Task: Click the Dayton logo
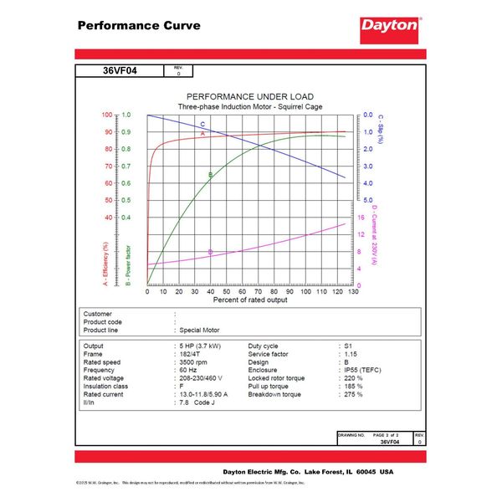pyautogui.click(x=389, y=25)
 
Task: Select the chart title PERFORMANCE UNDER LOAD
pyautogui.click(x=250, y=97)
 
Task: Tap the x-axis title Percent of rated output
pyautogui.click(x=250, y=300)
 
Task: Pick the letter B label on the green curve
pyautogui.click(x=210, y=175)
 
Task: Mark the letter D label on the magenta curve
pyautogui.click(x=210, y=251)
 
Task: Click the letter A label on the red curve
pyautogui.click(x=202, y=134)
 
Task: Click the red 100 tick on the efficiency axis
pyautogui.click(x=106, y=115)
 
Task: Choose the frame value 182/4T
pyautogui.click(x=191, y=353)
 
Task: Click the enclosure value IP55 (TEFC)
pyautogui.click(x=361, y=369)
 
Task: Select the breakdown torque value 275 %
pyautogui.click(x=353, y=394)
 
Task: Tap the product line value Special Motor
pyautogui.click(x=201, y=330)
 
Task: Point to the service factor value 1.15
pyautogui.click(x=351, y=353)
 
